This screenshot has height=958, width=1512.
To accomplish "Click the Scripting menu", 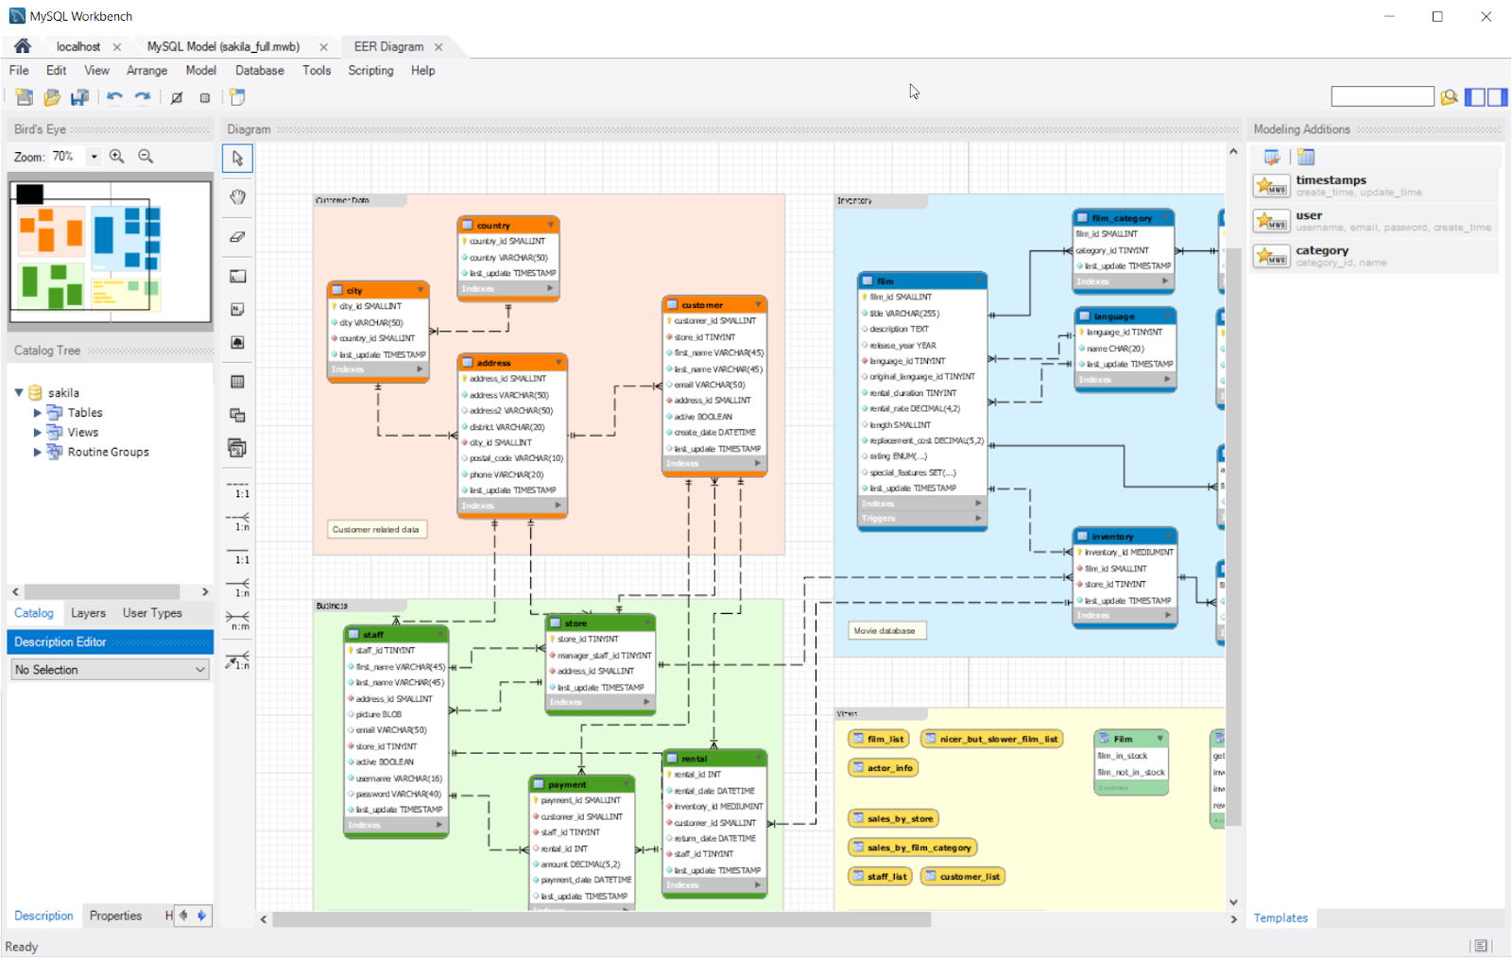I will click(x=370, y=71).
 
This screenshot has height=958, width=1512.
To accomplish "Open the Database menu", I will click(x=259, y=71).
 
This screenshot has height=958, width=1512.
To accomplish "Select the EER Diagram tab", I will click(x=388, y=46).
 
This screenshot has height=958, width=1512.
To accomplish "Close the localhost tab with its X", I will click(x=117, y=47).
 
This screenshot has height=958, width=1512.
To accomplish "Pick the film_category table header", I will click(x=1123, y=218).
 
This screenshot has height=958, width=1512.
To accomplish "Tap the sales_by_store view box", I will click(x=893, y=819).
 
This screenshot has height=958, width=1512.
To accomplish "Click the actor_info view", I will click(x=883, y=768).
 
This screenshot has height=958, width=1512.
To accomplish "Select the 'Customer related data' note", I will click(x=376, y=530).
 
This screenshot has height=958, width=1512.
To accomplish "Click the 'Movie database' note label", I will click(x=885, y=631).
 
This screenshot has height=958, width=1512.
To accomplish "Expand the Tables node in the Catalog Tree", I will click(x=38, y=413).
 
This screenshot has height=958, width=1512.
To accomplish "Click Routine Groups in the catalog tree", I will click(x=108, y=453).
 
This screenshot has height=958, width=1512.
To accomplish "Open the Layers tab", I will click(x=88, y=613).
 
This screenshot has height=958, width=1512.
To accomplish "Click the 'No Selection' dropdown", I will click(x=110, y=670).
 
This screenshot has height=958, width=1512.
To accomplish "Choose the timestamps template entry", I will click(x=1331, y=180).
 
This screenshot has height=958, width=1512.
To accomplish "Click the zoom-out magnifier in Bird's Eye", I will click(x=146, y=157).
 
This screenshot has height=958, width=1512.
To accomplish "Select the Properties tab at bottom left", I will click(x=115, y=916).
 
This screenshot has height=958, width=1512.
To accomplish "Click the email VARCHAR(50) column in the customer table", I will click(x=709, y=385).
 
